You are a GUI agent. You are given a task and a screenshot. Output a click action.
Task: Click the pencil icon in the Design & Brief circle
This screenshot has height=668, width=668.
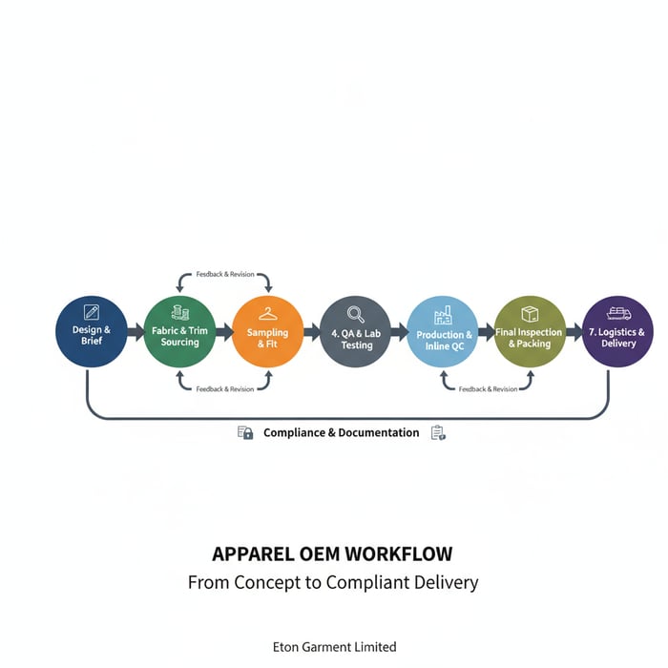click(92, 312)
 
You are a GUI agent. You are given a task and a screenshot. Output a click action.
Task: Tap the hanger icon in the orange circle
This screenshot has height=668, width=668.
click(267, 313)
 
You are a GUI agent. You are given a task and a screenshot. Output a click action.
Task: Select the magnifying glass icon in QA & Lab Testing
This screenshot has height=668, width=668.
click(356, 313)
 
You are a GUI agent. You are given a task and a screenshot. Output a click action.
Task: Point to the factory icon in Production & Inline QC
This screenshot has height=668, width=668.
click(443, 315)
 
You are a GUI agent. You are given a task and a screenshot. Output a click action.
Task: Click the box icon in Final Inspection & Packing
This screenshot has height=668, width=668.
click(530, 314)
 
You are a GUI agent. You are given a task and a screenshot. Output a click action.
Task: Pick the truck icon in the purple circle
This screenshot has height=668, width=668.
click(618, 313)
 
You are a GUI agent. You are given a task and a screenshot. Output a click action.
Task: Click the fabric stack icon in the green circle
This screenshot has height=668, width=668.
click(179, 312)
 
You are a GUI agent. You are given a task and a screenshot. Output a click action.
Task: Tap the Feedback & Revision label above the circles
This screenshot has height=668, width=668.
click(225, 275)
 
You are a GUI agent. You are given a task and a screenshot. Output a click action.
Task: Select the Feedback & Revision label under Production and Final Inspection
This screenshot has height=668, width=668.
click(488, 389)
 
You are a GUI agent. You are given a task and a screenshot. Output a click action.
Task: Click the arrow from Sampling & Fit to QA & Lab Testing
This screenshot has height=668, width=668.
click(312, 332)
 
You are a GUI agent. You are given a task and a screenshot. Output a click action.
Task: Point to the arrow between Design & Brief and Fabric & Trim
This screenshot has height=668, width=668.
click(136, 332)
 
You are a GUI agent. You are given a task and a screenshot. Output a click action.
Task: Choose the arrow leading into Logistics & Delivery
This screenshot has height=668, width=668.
click(574, 332)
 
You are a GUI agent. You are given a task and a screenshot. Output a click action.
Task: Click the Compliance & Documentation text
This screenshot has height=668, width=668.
click(341, 433)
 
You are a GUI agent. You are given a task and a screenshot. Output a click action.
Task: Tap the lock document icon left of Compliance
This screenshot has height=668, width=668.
click(245, 433)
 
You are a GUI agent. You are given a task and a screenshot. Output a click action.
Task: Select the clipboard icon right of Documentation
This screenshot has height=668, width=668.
click(438, 433)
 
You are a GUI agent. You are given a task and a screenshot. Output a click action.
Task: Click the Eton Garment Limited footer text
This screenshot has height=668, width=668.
click(334, 647)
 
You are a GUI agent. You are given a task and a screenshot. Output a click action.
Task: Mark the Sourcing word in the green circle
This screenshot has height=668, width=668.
click(179, 343)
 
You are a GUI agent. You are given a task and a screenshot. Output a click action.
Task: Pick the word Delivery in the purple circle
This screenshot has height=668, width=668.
click(618, 344)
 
